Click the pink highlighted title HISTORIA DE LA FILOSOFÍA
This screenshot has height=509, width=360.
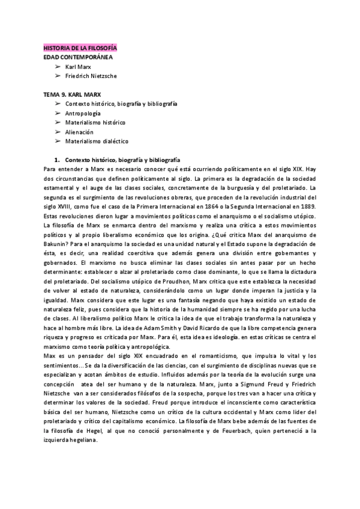tap(80, 47)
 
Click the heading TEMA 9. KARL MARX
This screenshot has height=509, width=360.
tap(72, 95)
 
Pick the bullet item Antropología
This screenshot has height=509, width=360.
tap(83, 113)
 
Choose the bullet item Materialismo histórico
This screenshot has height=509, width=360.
tap(95, 122)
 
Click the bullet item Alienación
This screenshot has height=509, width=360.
tap(79, 131)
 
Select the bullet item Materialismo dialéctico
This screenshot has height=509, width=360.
tap(97, 141)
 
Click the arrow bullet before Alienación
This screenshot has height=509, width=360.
tap(58, 131)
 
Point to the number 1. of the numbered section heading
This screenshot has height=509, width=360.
tap(57, 160)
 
